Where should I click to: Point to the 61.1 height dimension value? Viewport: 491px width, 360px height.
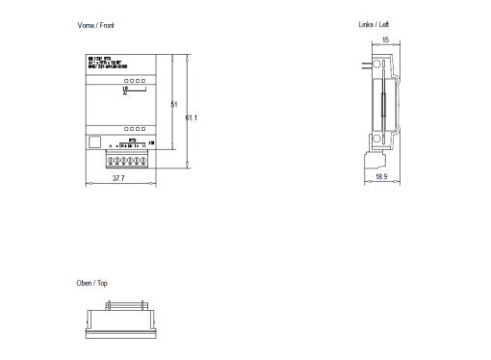click(x=191, y=117)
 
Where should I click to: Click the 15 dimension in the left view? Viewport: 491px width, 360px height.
click(x=385, y=40)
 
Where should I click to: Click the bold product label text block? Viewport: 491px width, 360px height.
click(x=104, y=66)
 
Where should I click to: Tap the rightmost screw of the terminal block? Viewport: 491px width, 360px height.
click(x=143, y=158)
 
